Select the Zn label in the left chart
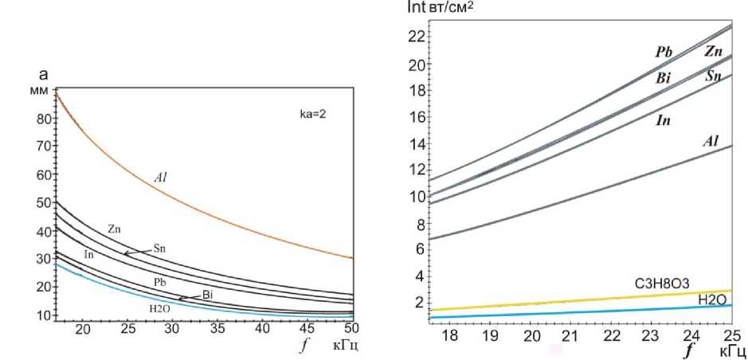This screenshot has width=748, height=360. click(x=113, y=229)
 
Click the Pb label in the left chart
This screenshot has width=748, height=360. click(x=159, y=283)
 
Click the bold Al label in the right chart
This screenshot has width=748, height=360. click(x=711, y=141)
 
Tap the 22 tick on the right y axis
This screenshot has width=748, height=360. click(x=413, y=36)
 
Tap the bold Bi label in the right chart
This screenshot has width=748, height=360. click(x=664, y=80)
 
